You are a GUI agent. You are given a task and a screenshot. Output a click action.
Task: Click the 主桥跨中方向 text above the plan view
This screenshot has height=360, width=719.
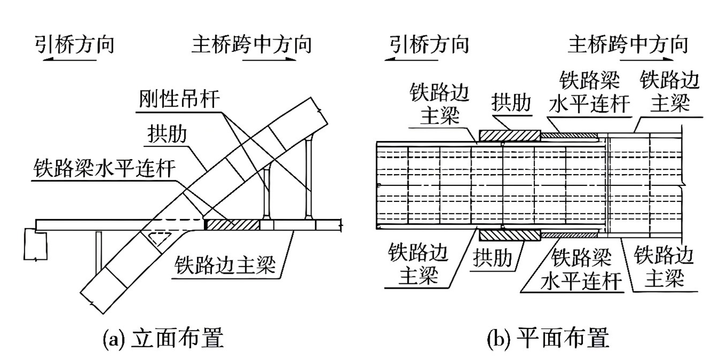point(628,44)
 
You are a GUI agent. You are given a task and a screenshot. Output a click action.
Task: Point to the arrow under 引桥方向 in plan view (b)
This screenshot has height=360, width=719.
point(409,60)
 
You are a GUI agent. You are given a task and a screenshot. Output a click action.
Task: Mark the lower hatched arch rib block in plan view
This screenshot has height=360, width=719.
point(509,235)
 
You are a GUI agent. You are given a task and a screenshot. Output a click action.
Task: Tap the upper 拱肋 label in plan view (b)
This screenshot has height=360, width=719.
point(511,103)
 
